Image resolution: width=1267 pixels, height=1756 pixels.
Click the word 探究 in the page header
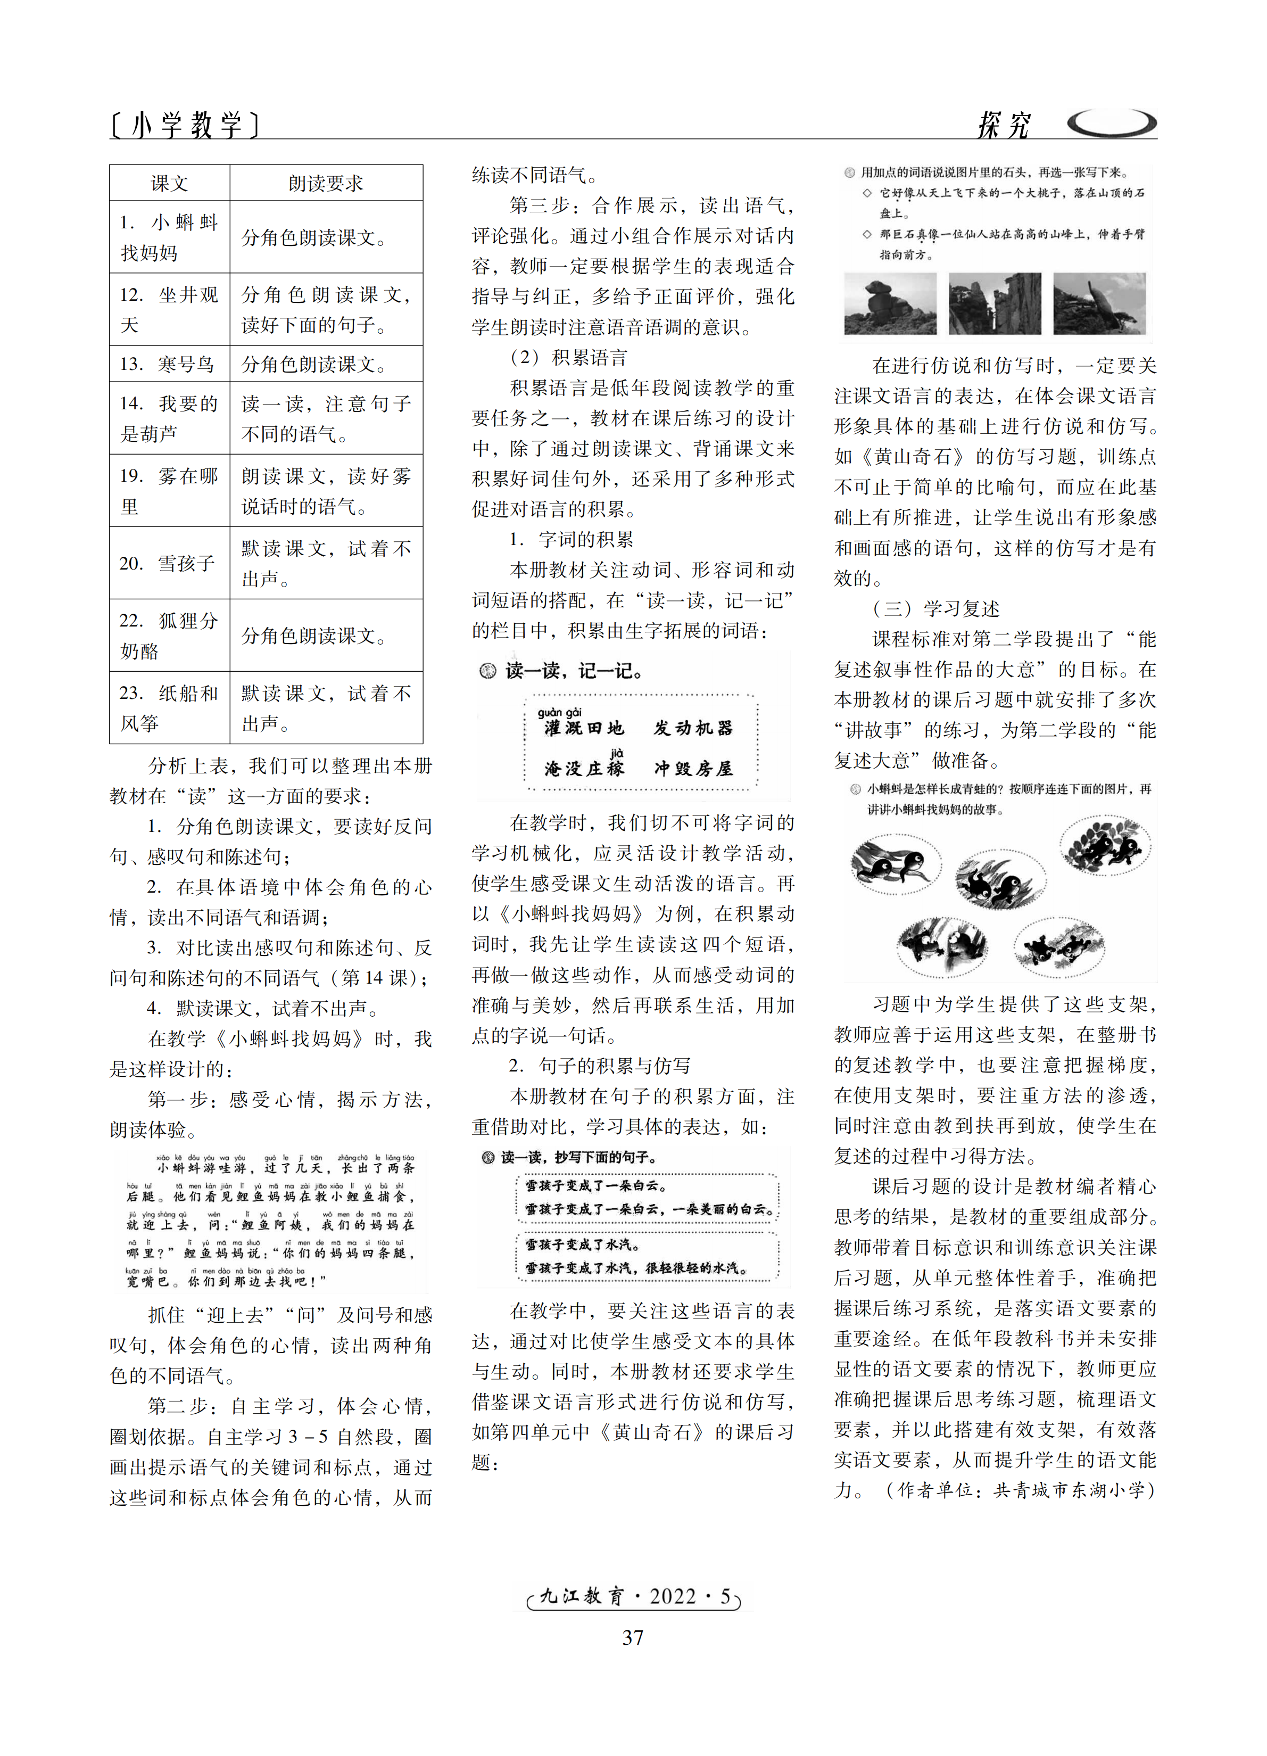pyautogui.click(x=1003, y=124)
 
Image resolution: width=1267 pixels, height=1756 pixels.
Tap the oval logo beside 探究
pyautogui.click(x=1112, y=122)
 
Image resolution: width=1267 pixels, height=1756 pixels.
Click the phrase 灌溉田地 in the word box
pyautogui.click(x=584, y=728)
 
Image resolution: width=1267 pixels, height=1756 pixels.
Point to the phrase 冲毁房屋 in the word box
pyautogui.click(x=693, y=768)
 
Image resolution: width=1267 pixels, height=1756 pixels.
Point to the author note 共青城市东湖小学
pyautogui.click(x=1072, y=1490)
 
